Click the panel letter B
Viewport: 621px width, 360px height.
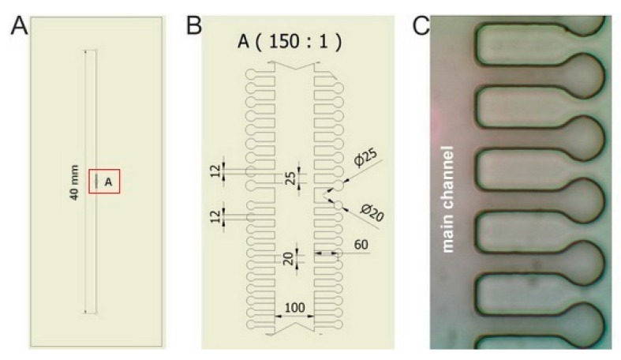[194, 26]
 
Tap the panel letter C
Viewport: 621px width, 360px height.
[422, 26]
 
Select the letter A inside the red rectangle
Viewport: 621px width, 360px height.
[109, 182]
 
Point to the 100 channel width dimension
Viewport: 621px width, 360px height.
[294, 305]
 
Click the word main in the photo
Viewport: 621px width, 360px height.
[448, 232]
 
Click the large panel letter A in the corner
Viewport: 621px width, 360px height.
[19, 26]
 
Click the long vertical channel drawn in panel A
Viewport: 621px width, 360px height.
[90, 118]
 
